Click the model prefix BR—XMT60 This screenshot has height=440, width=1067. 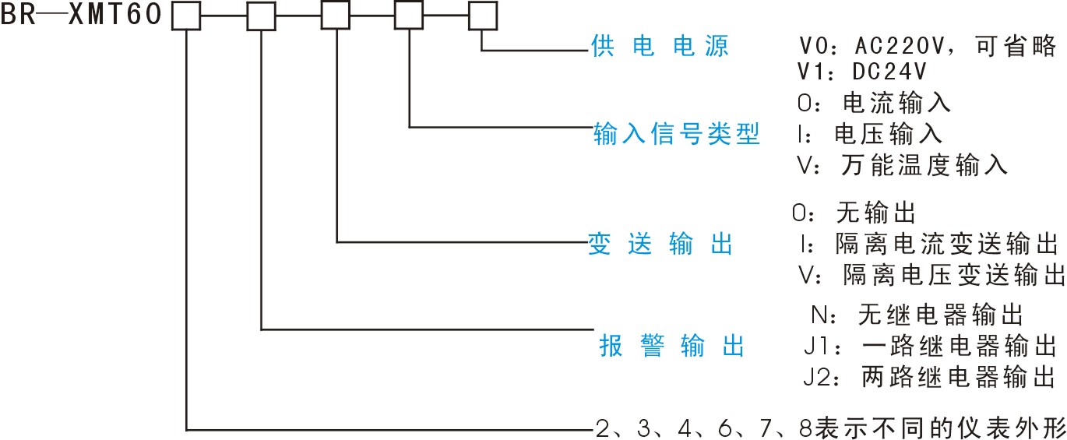(x=81, y=15)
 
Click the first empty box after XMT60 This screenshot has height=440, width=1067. (x=185, y=16)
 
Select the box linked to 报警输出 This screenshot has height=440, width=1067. (x=261, y=16)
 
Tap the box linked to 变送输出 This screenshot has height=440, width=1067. (x=336, y=16)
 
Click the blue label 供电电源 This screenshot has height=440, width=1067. (x=660, y=47)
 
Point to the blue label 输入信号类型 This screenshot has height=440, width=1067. (x=676, y=134)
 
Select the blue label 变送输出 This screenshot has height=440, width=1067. (x=660, y=245)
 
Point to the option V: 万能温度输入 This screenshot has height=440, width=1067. (x=902, y=164)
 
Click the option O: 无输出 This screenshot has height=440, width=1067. (x=852, y=212)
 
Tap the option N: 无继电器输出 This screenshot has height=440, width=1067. (x=916, y=315)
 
